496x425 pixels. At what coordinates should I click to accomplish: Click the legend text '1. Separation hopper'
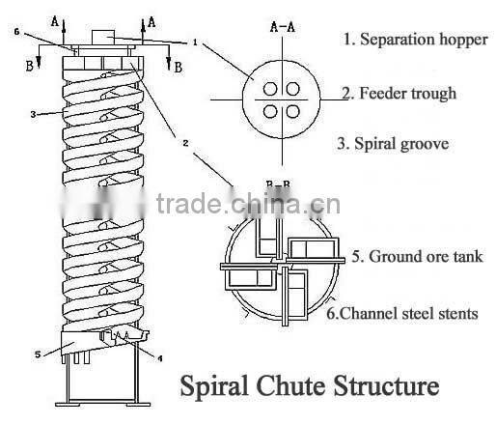tap(415, 41)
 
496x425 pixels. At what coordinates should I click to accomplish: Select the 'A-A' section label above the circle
tap(283, 28)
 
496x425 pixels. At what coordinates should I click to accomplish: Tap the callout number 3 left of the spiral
tap(33, 114)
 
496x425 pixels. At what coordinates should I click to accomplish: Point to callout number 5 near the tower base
tap(39, 354)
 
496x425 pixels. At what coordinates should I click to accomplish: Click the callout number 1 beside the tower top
tap(194, 42)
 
